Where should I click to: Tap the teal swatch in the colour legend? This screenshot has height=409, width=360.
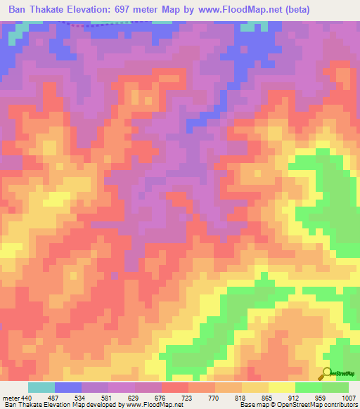coord(41,387)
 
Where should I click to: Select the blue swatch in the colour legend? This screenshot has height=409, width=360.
coord(68,387)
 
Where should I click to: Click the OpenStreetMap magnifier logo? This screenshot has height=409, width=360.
coord(326,373)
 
